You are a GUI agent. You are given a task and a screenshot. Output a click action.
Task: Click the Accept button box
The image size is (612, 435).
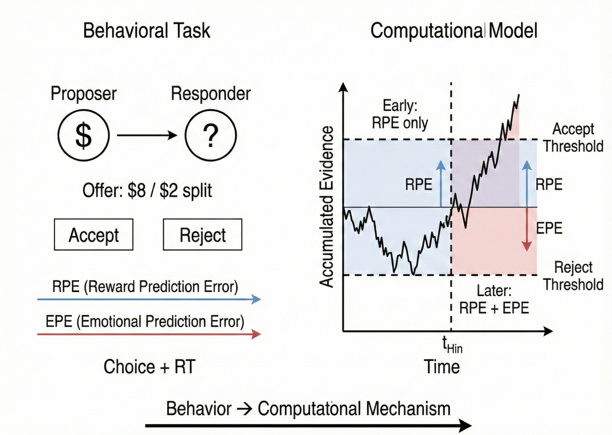click(x=93, y=235)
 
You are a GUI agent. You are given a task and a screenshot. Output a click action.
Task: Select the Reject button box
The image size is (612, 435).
click(x=202, y=235)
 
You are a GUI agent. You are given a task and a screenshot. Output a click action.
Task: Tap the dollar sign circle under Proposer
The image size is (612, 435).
click(x=84, y=135)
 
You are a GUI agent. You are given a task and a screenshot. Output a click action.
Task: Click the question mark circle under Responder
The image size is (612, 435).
click(x=211, y=135)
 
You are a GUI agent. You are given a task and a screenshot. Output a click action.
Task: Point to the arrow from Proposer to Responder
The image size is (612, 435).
click(x=147, y=135)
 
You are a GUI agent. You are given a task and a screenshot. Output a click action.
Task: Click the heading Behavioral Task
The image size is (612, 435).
click(x=147, y=31)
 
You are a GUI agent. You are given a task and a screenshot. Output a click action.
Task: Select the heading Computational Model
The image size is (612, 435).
click(x=454, y=31)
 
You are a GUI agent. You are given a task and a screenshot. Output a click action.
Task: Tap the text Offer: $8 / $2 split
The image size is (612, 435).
click(x=147, y=191)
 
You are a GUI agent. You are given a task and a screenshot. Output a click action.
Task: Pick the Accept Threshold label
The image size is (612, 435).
click(x=573, y=137)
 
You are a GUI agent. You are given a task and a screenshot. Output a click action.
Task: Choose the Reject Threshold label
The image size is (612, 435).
click(x=573, y=276)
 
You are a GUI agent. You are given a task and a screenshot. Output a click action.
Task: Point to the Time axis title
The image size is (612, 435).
click(x=442, y=367)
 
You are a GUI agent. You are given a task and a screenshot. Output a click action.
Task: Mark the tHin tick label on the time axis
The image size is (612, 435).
click(x=452, y=346)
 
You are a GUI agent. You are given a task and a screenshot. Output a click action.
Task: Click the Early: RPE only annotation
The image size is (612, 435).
click(x=400, y=114)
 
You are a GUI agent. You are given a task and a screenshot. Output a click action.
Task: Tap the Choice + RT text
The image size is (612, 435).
click(x=149, y=367)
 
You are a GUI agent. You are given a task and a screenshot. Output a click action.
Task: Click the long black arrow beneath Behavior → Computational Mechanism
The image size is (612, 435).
click(x=308, y=425)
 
